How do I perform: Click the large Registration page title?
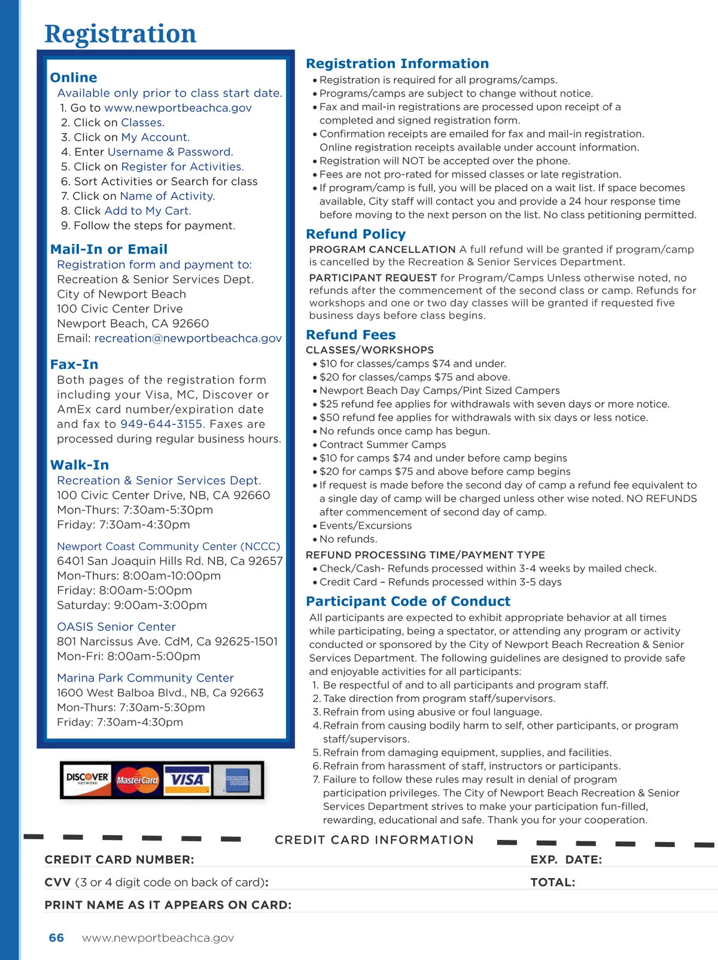(120, 33)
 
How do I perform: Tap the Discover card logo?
(87, 779)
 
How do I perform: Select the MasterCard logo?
(137, 780)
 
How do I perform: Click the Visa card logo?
(187, 779)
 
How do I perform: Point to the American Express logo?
(237, 779)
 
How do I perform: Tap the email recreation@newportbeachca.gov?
(188, 338)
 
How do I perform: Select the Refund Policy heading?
(355, 234)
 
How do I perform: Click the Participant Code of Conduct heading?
(408, 601)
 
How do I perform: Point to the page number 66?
(56, 938)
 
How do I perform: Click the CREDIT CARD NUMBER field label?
(119, 860)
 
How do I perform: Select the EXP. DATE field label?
(566, 860)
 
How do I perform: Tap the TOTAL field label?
(552, 882)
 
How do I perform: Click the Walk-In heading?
(80, 465)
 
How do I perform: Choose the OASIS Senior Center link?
(116, 626)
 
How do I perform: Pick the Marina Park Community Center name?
(145, 678)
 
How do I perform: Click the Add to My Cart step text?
(148, 211)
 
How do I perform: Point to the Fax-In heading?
(74, 365)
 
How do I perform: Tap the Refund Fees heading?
(351, 335)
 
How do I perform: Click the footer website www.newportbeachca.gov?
(158, 938)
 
